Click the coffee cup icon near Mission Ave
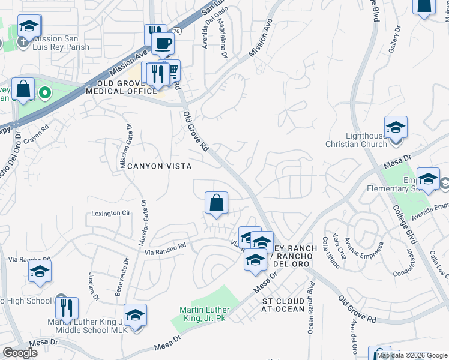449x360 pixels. tap(164, 43)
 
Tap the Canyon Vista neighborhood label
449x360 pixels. tap(159, 166)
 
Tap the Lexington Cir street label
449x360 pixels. tap(110, 213)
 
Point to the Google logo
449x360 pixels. tap(20, 353)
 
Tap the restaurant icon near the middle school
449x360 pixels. tap(67, 308)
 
